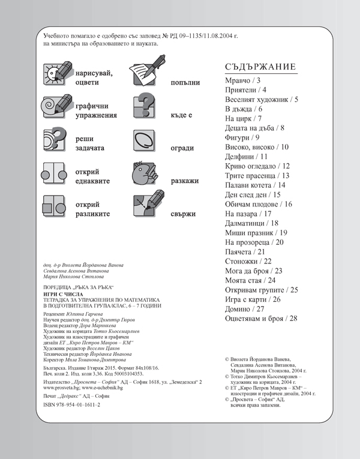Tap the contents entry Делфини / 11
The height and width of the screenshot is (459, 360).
coord(246,156)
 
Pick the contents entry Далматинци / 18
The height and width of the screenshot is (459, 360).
coord(252,223)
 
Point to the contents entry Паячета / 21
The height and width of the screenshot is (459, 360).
coord(247,251)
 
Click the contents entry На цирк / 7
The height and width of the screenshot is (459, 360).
coord(244,118)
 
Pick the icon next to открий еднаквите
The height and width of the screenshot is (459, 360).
coord(56,174)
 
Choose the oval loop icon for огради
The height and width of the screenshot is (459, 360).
coord(148,142)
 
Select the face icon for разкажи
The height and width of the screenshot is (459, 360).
coord(148,174)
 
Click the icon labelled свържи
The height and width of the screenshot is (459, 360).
coord(148,206)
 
